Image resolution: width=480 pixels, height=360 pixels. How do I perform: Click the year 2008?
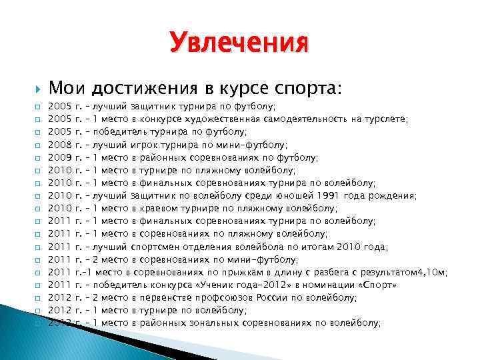(61, 145)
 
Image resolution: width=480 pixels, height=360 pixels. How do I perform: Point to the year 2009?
(61, 157)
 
